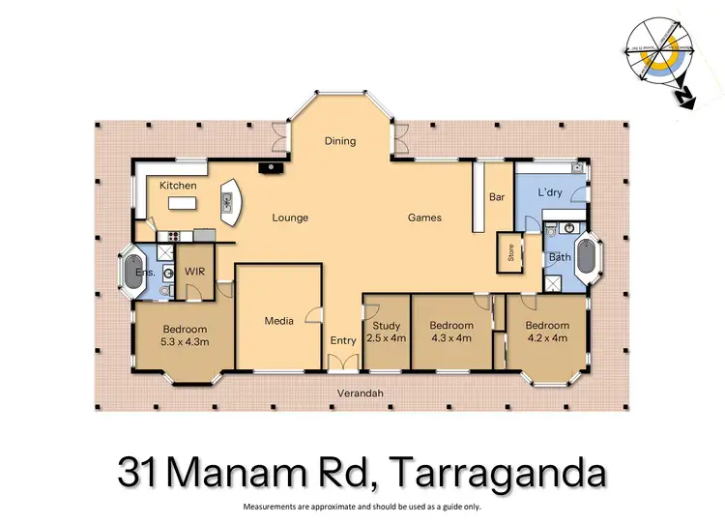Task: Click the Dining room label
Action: coord(340,141)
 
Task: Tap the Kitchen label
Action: coord(178,186)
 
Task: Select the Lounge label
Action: coord(290,218)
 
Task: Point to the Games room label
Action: coord(424,218)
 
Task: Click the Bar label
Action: coord(497,197)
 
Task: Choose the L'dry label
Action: coord(549,194)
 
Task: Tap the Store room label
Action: coord(509,253)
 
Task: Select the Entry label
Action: coord(343,340)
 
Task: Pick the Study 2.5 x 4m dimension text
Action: coord(387,338)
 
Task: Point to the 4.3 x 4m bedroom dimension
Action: coord(451,338)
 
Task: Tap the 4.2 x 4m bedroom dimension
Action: coord(548,338)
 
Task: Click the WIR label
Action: coord(193,273)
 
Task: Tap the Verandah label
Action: coord(361,393)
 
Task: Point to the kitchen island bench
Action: coord(183,203)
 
